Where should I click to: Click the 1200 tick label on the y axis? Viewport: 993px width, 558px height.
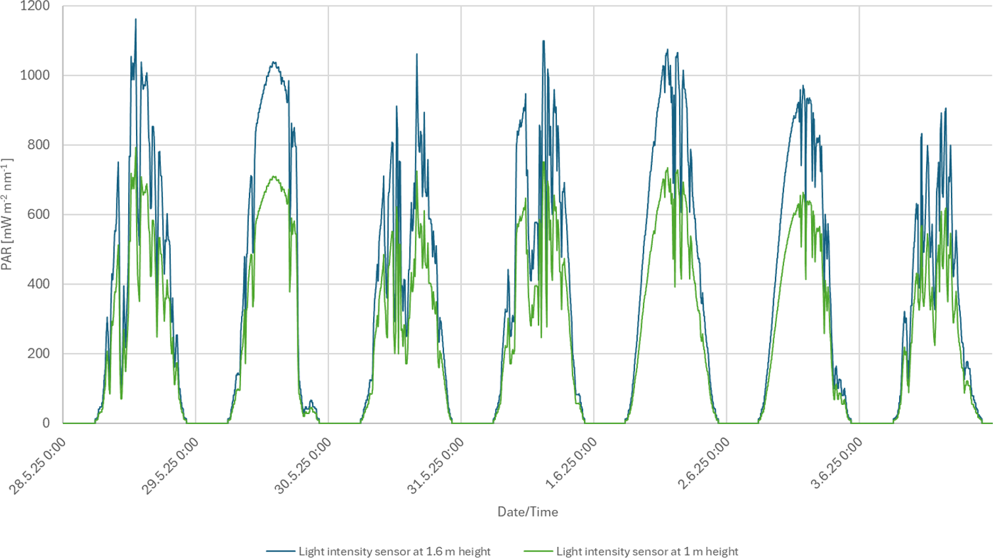pyautogui.click(x=35, y=7)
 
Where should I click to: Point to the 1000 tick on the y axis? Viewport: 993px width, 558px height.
pyautogui.click(x=35, y=76)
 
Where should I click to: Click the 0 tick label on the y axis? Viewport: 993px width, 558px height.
pyautogui.click(x=46, y=423)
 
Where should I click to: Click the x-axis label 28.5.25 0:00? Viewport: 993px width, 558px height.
pyautogui.click(x=37, y=467)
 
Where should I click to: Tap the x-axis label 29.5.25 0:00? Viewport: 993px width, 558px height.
pyautogui.click(x=170, y=467)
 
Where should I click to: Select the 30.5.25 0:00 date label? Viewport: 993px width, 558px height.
pyautogui.click(x=303, y=467)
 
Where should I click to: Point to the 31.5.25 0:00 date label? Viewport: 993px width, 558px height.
pyautogui.click(x=435, y=467)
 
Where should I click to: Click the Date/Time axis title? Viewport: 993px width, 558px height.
pyautogui.click(x=527, y=512)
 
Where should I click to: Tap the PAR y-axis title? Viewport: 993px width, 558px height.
pyautogui.click(x=7, y=214)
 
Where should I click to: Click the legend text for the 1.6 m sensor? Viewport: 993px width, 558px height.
pyautogui.click(x=394, y=551)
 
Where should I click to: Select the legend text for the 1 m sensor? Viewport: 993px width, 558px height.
pyautogui.click(x=647, y=551)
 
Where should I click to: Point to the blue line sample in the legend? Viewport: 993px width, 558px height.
pyautogui.click(x=280, y=551)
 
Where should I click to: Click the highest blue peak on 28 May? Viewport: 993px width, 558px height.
pyautogui.click(x=135, y=20)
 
